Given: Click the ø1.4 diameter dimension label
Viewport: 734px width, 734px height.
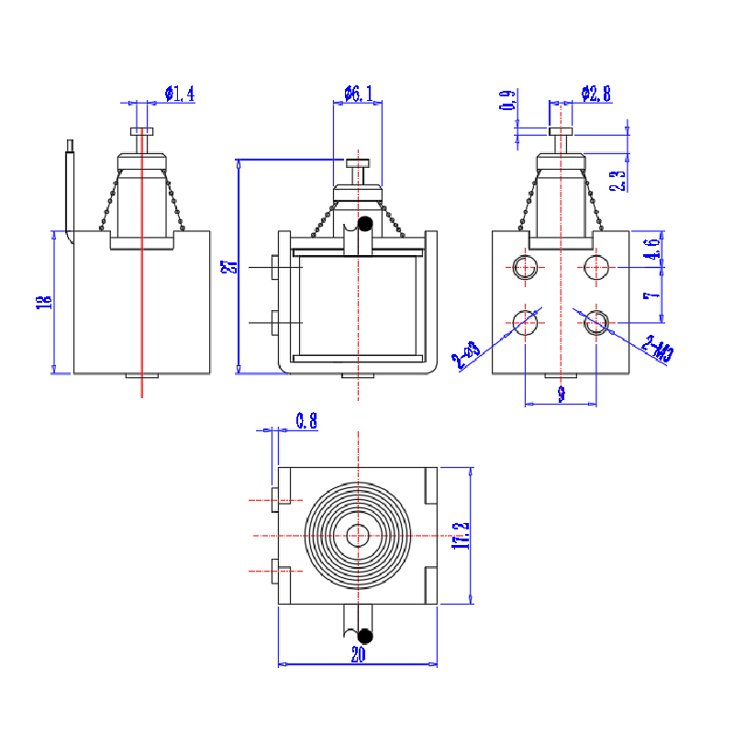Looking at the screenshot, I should click(x=180, y=94).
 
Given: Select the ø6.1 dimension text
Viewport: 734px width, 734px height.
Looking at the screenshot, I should click(x=359, y=94).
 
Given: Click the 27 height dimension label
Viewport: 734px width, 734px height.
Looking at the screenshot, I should click(x=229, y=267).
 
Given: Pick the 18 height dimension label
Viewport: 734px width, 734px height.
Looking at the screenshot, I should click(x=43, y=302).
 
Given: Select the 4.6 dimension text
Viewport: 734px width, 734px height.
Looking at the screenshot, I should click(x=650, y=250).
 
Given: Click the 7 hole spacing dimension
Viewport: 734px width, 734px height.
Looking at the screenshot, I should click(x=649, y=295).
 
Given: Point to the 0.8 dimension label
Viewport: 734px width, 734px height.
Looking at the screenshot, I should click(x=306, y=421).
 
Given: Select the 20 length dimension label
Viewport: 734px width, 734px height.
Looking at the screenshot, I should click(x=357, y=654).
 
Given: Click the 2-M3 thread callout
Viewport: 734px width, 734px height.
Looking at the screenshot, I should click(x=658, y=350).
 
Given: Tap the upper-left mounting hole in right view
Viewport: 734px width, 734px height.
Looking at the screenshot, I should click(x=525, y=267).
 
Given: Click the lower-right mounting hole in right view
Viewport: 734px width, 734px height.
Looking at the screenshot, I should click(x=596, y=322).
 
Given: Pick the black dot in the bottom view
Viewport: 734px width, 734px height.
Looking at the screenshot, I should click(x=365, y=635).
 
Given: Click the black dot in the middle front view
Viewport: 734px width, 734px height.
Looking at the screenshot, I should click(x=365, y=224).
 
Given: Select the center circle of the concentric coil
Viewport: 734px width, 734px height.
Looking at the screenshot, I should click(x=358, y=534).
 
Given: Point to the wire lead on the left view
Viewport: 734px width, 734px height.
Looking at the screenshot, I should click(x=68, y=183).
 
